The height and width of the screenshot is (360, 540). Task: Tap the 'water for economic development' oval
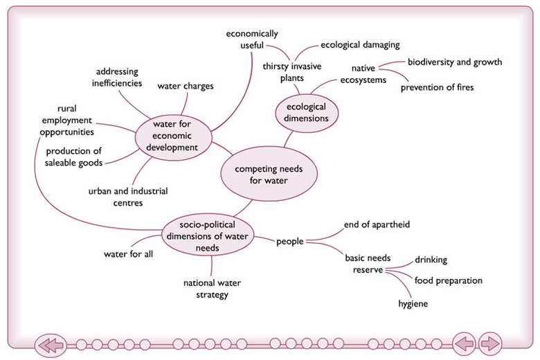pyautogui.click(x=172, y=135)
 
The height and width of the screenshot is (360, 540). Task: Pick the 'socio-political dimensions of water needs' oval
pyautogui.click(x=206, y=235)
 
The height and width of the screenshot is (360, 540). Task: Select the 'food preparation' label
pyautogui.click(x=448, y=280)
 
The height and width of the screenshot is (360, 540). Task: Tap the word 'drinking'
pyautogui.click(x=431, y=260)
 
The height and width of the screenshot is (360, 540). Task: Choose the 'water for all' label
pyautogui.click(x=128, y=253)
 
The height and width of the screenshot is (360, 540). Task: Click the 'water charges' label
pyautogui.click(x=185, y=87)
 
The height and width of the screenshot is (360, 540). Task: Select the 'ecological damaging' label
pyautogui.click(x=360, y=45)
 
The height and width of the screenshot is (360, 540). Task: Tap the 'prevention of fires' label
pyautogui.click(x=437, y=87)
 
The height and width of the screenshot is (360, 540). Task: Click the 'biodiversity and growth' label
pyautogui.click(x=454, y=62)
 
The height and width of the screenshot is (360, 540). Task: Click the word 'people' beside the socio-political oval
pyautogui.click(x=290, y=242)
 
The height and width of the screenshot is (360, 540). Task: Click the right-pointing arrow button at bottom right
pyautogui.click(x=489, y=343)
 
